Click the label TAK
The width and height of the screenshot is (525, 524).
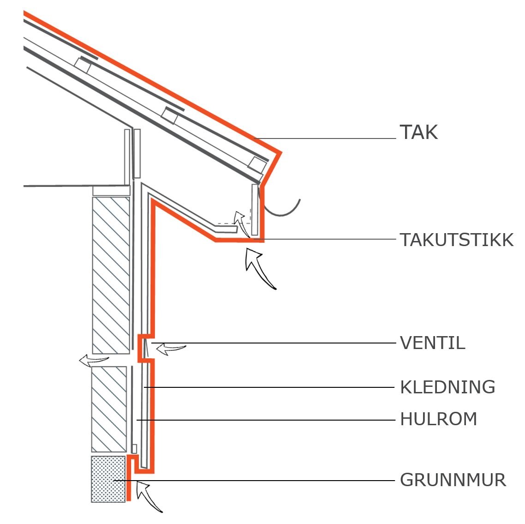(x=418, y=133)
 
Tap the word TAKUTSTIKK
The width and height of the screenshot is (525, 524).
(x=456, y=240)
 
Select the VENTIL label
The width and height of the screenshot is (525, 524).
(x=432, y=343)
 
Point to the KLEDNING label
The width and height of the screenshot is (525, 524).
(x=447, y=387)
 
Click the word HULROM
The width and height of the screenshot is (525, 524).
(x=438, y=419)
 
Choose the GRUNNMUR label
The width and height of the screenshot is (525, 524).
(x=453, y=480)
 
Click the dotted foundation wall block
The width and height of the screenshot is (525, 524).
(x=108, y=479)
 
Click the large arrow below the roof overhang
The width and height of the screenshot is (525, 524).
(x=259, y=268)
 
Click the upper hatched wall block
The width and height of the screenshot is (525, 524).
(x=111, y=275)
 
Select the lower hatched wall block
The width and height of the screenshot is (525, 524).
(x=109, y=409)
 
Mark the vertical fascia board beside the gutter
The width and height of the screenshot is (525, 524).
(x=255, y=210)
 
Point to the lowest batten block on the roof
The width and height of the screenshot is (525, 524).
(x=258, y=164)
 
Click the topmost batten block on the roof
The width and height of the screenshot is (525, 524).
(x=84, y=65)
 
